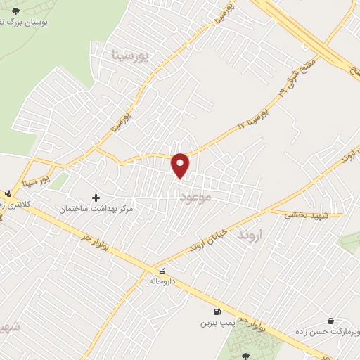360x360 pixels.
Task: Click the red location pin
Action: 181,165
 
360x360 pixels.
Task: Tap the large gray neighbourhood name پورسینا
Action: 131,54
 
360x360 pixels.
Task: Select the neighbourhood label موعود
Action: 195,196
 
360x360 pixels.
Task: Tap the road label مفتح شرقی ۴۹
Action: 295,78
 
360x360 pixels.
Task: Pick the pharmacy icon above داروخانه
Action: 162,270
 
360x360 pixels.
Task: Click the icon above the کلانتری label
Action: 8,193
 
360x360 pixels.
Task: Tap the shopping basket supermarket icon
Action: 331,320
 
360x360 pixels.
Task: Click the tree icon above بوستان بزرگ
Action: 16,11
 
